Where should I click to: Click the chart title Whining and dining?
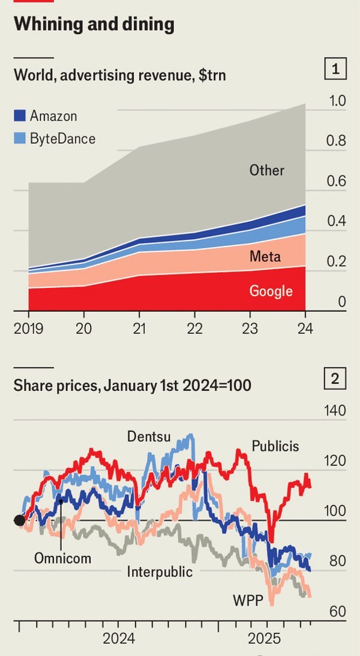tap(94, 24)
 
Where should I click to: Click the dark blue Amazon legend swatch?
tap(20, 116)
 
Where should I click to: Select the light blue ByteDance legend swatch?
tap(20, 139)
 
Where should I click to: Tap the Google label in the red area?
tap(271, 291)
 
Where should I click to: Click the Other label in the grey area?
tap(266, 170)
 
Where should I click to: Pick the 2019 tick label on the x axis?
tap(29, 329)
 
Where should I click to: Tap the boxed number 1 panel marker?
tap(335, 70)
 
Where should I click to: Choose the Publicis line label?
tap(275, 446)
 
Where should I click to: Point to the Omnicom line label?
tap(62, 558)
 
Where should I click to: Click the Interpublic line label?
tap(160, 571)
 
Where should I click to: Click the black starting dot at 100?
tap(19, 520)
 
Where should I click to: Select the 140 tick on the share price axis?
tap(335, 411)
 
